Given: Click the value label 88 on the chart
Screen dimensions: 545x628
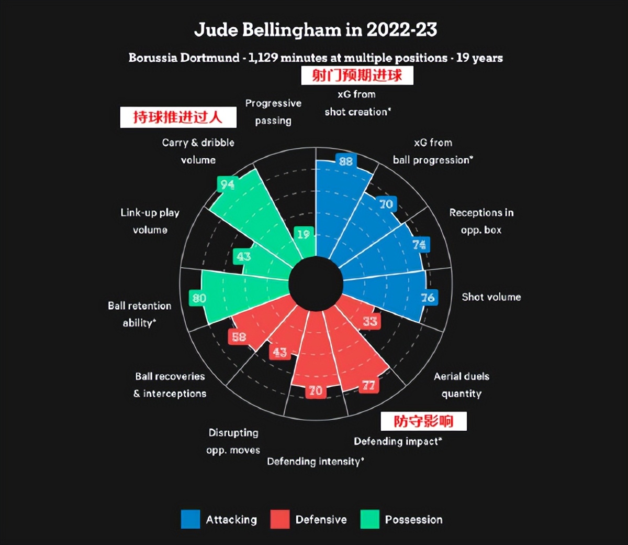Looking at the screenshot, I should coord(345,161).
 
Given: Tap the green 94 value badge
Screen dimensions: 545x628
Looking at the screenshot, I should coord(227,184).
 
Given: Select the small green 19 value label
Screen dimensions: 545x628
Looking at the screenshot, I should coord(303,234).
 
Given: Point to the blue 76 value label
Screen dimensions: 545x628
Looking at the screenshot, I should coord(428,298).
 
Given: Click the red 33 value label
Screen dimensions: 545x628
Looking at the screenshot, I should coord(370,321).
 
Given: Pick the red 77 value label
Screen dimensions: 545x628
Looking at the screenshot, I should coord(368,386).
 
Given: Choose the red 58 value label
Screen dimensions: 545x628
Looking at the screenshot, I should coord(239,337).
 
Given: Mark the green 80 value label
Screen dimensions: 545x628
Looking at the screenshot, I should coord(199,298).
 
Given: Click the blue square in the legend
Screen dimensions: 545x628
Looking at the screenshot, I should coord(190,519).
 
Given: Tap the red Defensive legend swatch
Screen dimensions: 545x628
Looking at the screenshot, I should coord(280,519).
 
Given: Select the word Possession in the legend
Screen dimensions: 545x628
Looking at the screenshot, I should coord(413,520).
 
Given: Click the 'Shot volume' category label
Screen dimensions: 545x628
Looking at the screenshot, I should coord(491,297).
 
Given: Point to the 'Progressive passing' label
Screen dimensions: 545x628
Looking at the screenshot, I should coord(273,112).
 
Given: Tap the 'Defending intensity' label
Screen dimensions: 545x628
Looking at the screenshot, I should coord(315,462).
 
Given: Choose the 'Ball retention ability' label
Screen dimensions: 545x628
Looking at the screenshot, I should coord(139,314).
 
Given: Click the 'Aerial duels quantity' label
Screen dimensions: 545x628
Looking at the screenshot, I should coord(461,385).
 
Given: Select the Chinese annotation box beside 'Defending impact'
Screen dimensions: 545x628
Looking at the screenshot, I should coord(423,421).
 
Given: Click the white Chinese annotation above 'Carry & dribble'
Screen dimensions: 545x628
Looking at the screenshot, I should coord(178,117).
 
